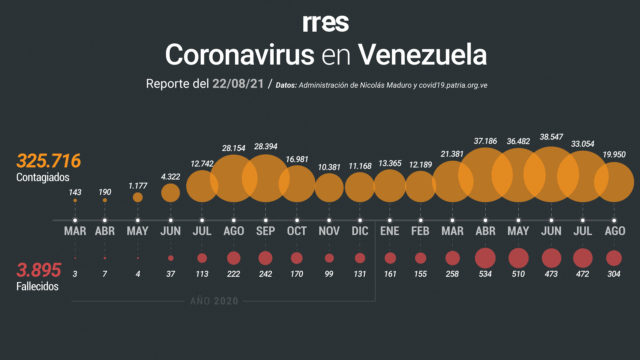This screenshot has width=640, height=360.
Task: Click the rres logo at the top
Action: coord(326,23)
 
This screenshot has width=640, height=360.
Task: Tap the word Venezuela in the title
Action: coord(422,55)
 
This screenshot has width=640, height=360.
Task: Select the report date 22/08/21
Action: coord(238,84)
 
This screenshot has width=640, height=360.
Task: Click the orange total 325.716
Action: coord(49,161)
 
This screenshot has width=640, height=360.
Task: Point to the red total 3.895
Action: coord(39,270)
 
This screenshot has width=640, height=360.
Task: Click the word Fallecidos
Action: coord(37,287)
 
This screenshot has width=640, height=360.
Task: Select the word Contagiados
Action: coord(43,178)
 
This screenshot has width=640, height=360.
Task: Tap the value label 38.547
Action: coord(551,137)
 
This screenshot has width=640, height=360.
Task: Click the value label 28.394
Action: coord(266,146)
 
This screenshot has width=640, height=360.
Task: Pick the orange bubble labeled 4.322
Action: coord(171,193)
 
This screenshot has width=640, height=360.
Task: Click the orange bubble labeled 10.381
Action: coord(329,188)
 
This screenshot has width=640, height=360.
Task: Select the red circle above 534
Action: coord(485,258)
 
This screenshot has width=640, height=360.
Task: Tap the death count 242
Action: coord(265,274)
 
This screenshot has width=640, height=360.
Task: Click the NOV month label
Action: coord(329,231)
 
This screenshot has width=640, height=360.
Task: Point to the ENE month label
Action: coord(390,231)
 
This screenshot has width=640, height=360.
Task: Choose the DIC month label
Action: coord(360,231)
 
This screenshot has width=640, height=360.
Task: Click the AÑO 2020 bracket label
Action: coord(214,301)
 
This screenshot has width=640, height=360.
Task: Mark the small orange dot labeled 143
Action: coord(75,200)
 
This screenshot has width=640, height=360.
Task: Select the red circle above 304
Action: coord(614,258)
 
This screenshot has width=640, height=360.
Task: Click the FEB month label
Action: coord(420,231)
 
